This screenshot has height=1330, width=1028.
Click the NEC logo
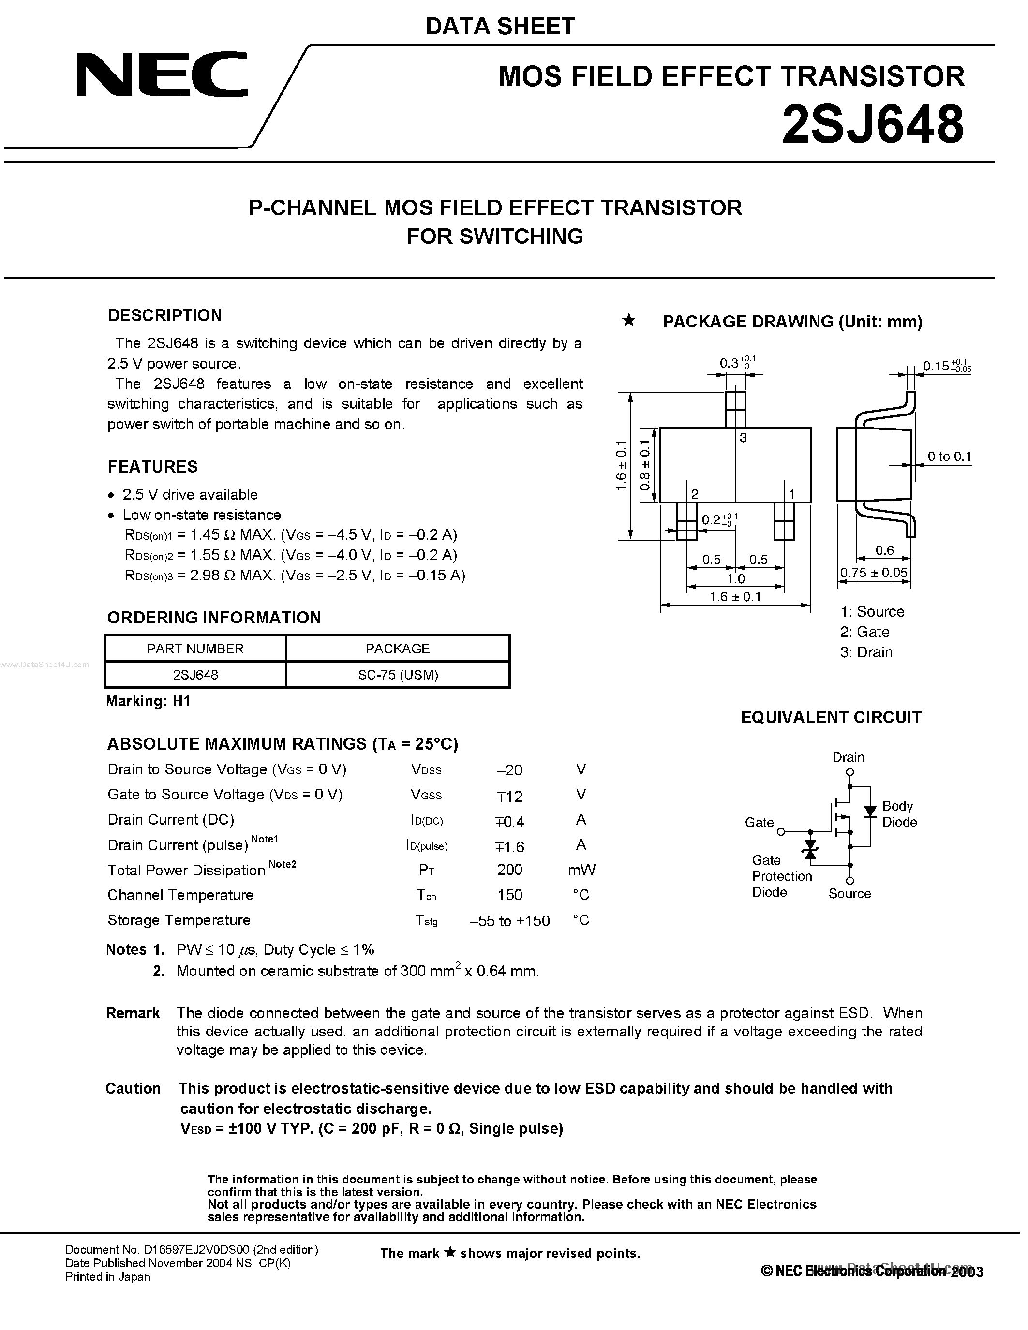162,74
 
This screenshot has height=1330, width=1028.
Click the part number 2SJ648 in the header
872,124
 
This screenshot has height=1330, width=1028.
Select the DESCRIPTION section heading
164,315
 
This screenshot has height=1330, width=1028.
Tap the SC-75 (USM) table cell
398,675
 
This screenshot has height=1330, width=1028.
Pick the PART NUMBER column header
195,649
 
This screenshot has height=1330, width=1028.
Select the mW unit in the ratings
581,870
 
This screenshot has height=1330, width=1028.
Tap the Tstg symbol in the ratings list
426,921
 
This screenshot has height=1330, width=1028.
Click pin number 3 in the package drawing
743,438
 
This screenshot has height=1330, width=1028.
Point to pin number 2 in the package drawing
694,494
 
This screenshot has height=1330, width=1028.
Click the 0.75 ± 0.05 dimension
873,573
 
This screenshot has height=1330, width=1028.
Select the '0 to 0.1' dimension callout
949,457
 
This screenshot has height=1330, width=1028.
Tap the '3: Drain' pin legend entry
866,652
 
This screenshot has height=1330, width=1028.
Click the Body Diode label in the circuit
899,813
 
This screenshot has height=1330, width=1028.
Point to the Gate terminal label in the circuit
759,822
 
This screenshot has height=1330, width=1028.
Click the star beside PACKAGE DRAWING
629,321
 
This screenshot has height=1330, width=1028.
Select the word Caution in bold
133,1088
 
